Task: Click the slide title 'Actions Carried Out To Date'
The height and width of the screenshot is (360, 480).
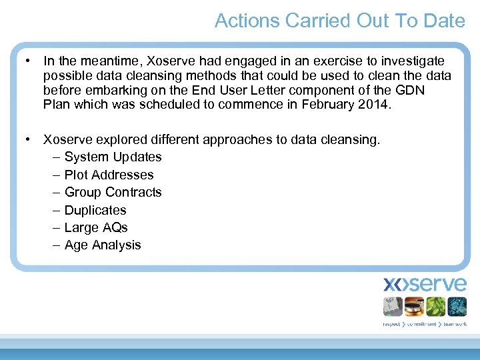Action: pyautogui.click(x=339, y=21)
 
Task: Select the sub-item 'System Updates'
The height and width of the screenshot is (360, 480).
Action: pyautogui.click(x=113, y=157)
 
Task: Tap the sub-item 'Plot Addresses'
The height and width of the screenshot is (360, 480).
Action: pyautogui.click(x=109, y=175)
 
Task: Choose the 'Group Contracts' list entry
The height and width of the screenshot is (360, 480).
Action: pyautogui.click(x=113, y=192)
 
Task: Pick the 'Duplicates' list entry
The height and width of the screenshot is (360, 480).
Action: pyautogui.click(x=95, y=210)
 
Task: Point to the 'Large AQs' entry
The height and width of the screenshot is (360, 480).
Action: pyautogui.click(x=96, y=227)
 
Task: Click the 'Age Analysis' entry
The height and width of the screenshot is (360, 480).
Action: pyautogui.click(x=103, y=245)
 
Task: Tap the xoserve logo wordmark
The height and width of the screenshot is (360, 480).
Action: pyautogui.click(x=425, y=285)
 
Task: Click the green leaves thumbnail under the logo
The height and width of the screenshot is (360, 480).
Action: pyautogui.click(x=435, y=306)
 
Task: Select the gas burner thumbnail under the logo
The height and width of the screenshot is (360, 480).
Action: pyautogui.click(x=414, y=306)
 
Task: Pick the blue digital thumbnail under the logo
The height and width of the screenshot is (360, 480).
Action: pyautogui.click(x=457, y=306)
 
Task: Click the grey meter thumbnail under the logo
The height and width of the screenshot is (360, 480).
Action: pyautogui.click(x=393, y=306)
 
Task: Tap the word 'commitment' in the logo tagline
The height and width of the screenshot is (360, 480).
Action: pyautogui.click(x=422, y=324)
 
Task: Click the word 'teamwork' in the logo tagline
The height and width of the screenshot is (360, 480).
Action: pyautogui.click(x=455, y=324)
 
